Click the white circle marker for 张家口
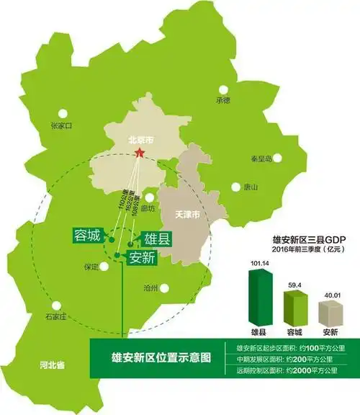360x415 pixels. point(64,113)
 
